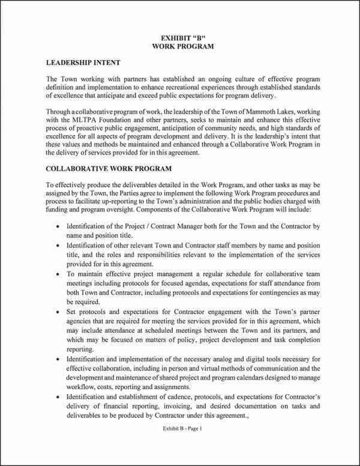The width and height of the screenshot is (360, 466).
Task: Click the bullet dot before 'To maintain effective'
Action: [x=57, y=273]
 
